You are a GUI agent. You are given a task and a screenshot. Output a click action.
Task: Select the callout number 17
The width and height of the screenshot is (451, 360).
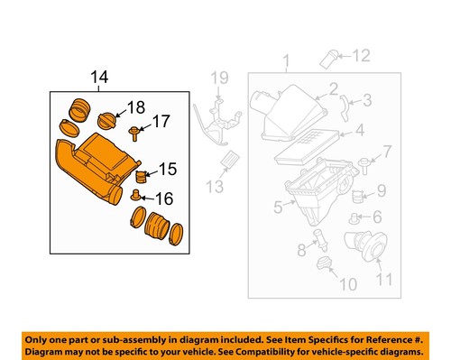(x=161, y=122)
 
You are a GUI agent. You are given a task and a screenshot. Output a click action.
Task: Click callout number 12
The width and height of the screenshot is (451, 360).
(x=361, y=56)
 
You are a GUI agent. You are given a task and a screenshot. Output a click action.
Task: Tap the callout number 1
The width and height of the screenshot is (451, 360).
(x=286, y=62)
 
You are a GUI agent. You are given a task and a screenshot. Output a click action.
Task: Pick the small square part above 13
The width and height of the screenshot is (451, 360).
(x=228, y=160)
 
